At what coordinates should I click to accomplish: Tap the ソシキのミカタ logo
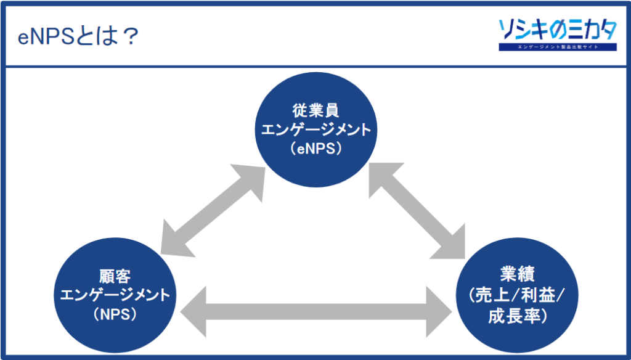[557, 30]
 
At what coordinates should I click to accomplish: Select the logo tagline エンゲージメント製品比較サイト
[557, 47]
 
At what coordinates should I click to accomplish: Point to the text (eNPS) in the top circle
[316, 149]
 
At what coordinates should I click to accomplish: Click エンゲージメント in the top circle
[316, 130]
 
